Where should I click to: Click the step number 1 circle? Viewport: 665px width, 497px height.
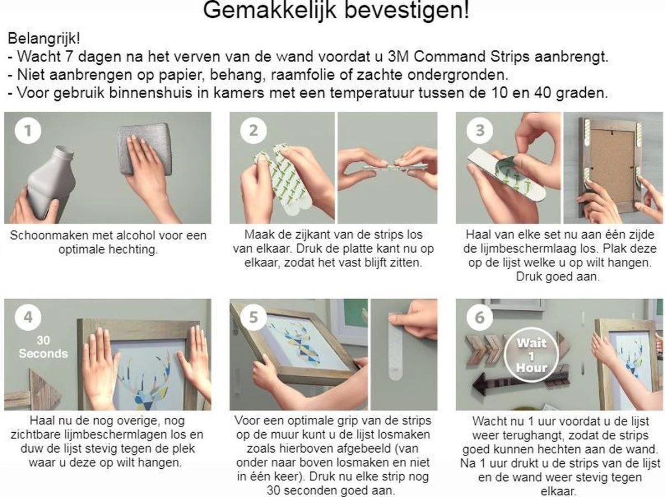click(24, 131)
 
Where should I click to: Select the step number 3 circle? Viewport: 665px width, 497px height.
click(479, 131)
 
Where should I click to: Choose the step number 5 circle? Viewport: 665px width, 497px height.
click(253, 317)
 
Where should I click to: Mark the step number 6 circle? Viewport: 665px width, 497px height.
click(479, 317)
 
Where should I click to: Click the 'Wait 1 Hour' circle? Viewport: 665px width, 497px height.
click(531, 355)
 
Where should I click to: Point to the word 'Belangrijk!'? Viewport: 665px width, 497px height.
click(43, 39)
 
